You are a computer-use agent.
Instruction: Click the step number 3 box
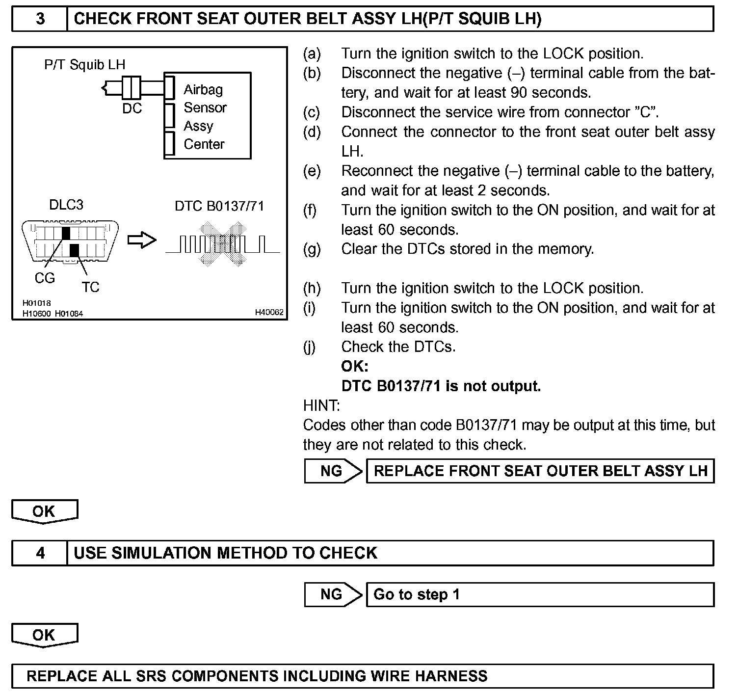40,19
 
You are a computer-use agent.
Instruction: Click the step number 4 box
40,553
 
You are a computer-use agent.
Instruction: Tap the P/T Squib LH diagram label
84,64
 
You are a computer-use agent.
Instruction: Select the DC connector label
132,108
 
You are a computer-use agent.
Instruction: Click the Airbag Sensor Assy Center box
208,116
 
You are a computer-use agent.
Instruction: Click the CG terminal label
45,278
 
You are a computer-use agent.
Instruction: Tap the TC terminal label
90,287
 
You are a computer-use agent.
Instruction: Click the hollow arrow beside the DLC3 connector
142,241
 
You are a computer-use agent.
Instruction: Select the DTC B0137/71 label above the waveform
219,206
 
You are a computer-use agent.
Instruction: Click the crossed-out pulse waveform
222,244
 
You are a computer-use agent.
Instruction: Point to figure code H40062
269,312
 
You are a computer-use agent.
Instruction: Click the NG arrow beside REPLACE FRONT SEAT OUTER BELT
333,471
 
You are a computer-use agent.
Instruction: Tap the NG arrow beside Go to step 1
333,595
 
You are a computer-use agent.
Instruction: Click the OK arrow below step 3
44,511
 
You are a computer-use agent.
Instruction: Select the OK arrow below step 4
44,635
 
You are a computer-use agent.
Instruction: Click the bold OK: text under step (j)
354,367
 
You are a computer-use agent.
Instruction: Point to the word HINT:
321,406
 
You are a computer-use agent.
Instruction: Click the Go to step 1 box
540,595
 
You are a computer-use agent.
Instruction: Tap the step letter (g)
312,249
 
